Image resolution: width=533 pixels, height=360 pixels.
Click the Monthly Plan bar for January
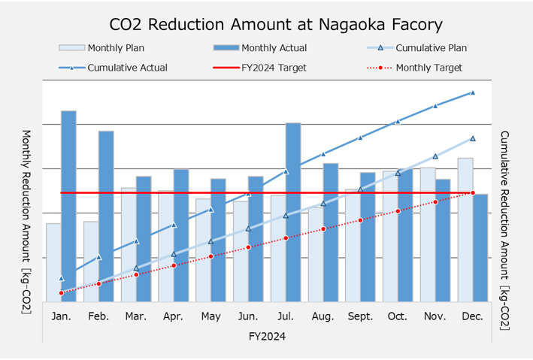(x=53, y=262)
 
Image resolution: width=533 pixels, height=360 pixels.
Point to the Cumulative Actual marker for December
(x=473, y=92)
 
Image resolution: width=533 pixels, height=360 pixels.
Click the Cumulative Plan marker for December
(x=473, y=138)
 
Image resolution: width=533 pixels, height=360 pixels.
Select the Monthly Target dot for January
(x=61, y=292)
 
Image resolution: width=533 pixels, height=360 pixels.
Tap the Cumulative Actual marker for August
(x=323, y=154)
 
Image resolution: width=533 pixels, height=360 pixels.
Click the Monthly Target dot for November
(x=435, y=201)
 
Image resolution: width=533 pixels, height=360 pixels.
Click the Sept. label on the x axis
(x=361, y=316)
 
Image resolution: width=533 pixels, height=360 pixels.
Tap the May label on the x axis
(x=210, y=316)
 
